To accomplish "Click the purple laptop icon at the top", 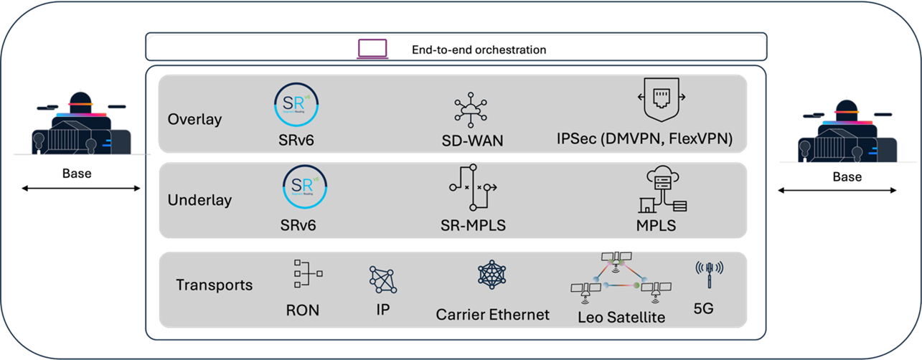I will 373,49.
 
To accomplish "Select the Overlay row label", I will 194,119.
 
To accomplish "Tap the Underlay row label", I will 199,200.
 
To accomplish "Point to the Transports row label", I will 215,285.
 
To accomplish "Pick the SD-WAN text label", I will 473,141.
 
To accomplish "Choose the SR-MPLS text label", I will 473,225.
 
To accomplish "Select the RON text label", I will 302,311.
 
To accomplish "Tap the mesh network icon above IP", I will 382,280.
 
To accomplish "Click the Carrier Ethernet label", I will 493,314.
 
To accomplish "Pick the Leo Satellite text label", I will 621,316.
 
